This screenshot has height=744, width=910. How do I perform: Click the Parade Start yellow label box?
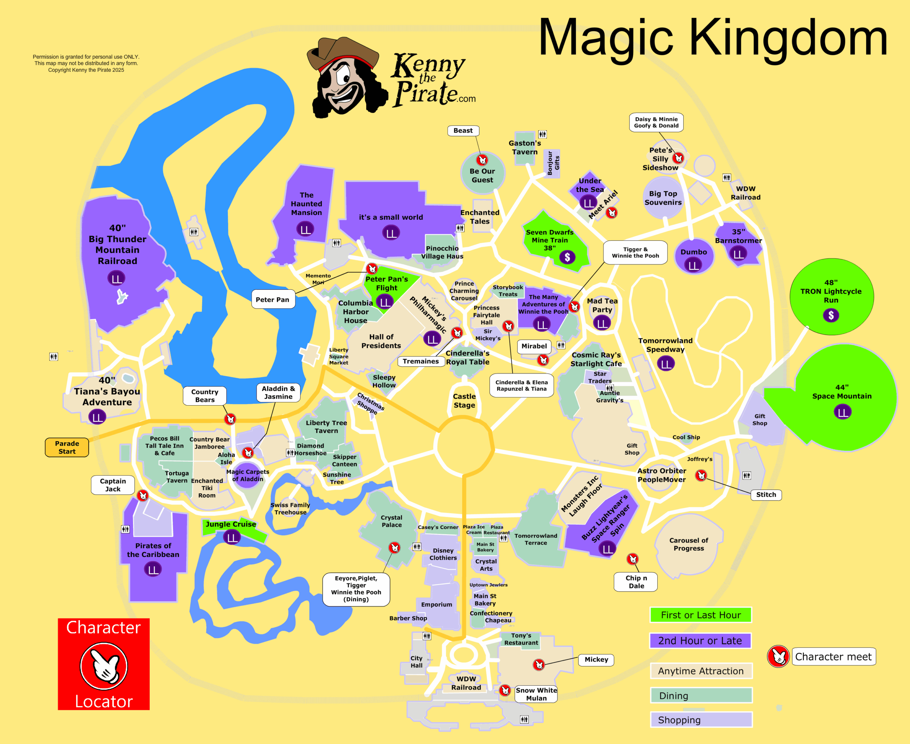(67, 448)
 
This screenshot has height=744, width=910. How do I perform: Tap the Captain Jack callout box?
(113, 485)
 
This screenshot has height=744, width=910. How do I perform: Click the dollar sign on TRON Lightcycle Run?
(831, 315)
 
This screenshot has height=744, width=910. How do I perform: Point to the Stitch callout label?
(766, 494)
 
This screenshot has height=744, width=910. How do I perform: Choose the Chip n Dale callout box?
(636, 582)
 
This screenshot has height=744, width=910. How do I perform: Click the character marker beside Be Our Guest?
(482, 160)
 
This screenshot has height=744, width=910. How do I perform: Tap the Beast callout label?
(463, 131)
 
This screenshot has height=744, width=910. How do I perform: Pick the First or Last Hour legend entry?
(700, 615)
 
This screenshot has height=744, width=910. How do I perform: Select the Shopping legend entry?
(700, 720)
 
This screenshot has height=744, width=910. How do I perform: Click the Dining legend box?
(700, 696)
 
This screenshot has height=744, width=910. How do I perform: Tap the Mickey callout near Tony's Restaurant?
(596, 659)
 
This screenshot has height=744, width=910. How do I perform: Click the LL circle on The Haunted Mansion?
(305, 230)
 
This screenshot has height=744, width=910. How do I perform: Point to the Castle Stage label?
(464, 401)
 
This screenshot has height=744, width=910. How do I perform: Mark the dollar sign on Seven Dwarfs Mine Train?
(567, 257)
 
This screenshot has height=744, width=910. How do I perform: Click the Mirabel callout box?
(534, 346)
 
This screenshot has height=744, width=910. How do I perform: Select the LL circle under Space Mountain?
(842, 412)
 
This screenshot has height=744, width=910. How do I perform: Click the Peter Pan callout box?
(273, 300)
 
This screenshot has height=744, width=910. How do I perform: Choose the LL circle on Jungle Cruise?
(232, 537)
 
